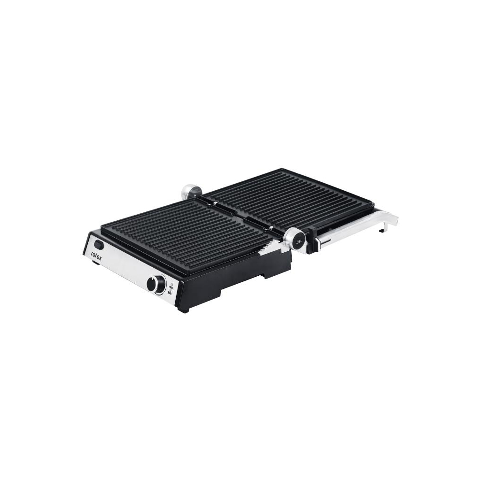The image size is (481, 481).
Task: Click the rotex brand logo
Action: coord(96,256)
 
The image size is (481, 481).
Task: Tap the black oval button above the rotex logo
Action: coord(99,244)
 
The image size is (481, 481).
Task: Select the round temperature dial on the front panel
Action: coord(156,285)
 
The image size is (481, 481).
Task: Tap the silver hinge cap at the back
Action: coord(191,190)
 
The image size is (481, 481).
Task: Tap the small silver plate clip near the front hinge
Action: coord(272,228)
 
